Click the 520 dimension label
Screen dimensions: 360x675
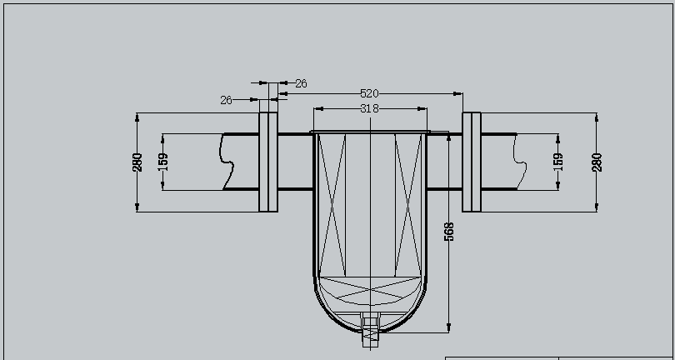click(370, 94)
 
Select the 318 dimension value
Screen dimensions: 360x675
click(370, 108)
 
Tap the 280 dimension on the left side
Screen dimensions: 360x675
click(137, 162)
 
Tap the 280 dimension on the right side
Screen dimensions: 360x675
click(597, 162)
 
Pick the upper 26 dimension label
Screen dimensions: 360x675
click(301, 83)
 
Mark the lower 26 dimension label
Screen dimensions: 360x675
click(227, 100)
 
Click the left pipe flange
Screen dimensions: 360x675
click(267, 162)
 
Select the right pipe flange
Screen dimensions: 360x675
click(472, 162)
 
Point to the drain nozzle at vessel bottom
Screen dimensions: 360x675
click(370, 331)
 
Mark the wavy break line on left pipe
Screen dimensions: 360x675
click(226, 162)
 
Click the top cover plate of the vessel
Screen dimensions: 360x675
click(370, 132)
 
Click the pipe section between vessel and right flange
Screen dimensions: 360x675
click(445, 162)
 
